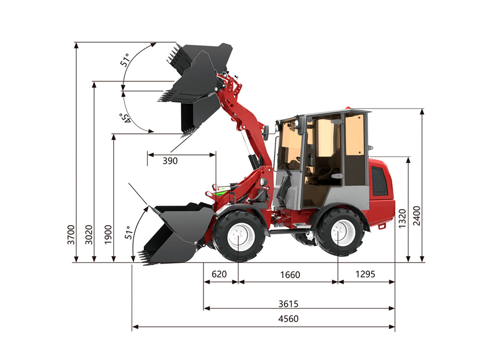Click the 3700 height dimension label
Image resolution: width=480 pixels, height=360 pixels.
pos(71,235)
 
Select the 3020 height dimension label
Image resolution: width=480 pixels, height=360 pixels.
pos(89,235)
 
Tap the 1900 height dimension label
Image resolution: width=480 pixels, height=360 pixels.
pos(108,235)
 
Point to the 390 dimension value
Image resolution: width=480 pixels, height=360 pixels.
pos(170,161)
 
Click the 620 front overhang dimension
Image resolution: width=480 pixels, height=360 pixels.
pos(219,274)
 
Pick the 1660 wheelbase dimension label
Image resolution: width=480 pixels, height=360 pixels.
pos(290,275)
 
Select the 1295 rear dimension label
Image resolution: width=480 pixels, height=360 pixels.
pos(365,274)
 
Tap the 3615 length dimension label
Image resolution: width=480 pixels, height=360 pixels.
pos(288,304)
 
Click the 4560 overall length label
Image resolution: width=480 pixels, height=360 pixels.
pos(288,319)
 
